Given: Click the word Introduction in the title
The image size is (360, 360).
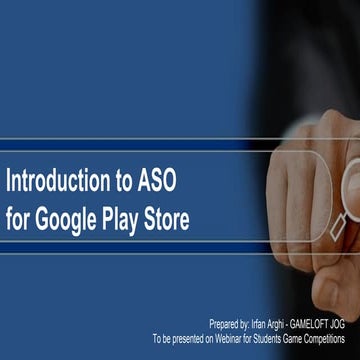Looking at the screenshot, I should pos(59,182).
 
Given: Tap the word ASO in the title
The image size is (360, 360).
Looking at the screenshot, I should pos(160,182).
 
